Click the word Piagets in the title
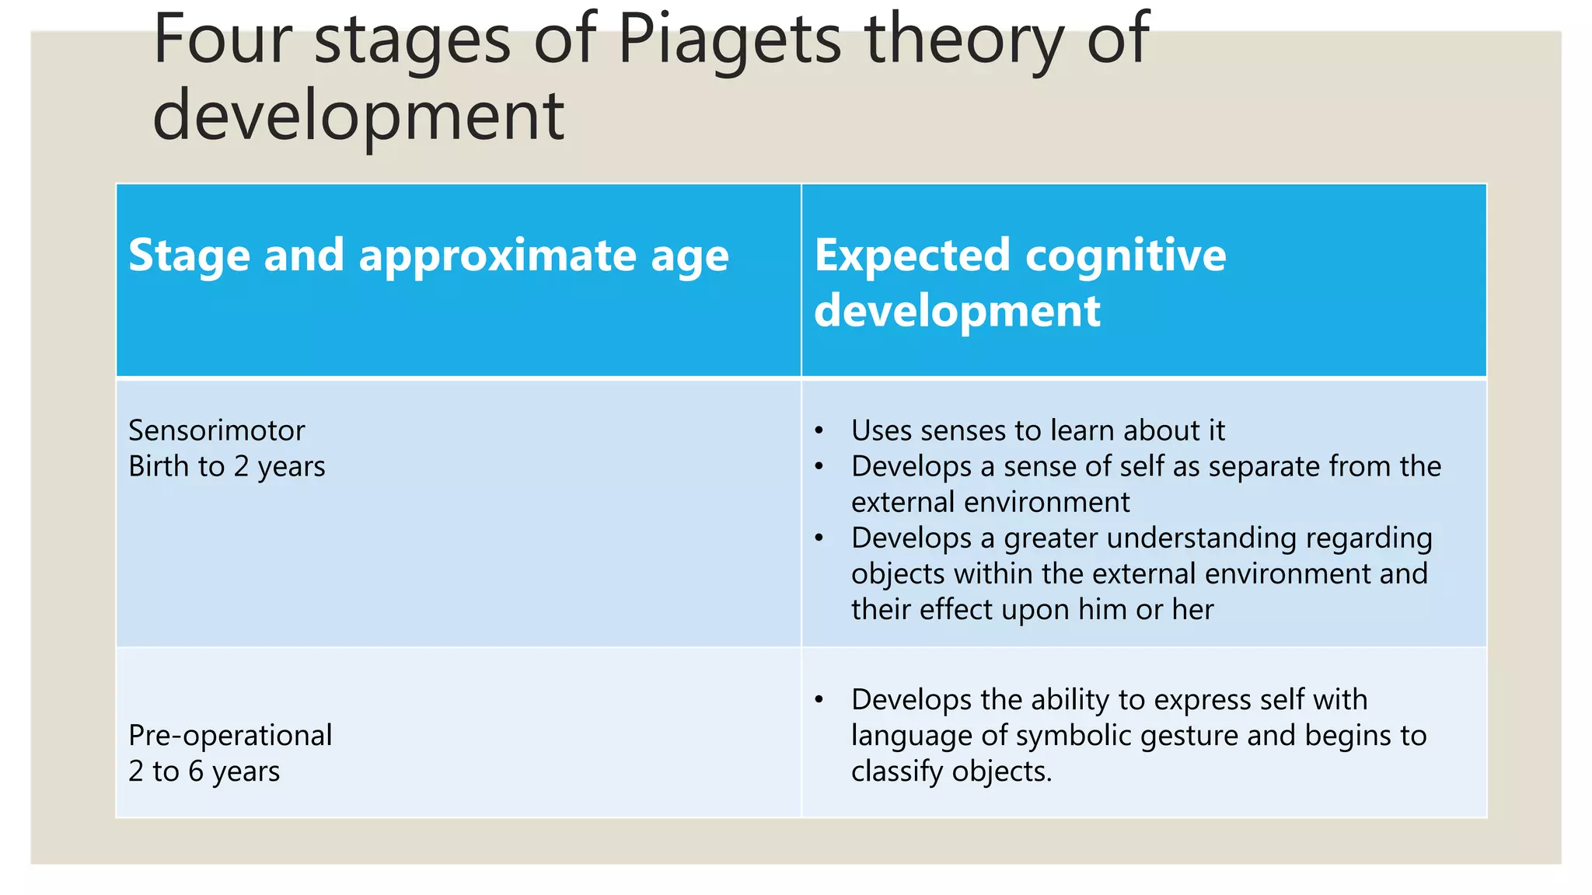tap(728, 40)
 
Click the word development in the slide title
tap(358, 117)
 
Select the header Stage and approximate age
tap(428, 256)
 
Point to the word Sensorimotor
tap(216, 430)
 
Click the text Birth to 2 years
tap(226, 466)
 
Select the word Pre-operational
tap(230, 735)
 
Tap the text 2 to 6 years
tap(204, 771)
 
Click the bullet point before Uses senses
tap(819, 430)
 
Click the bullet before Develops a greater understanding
tap(819, 538)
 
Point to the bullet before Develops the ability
tap(819, 699)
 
